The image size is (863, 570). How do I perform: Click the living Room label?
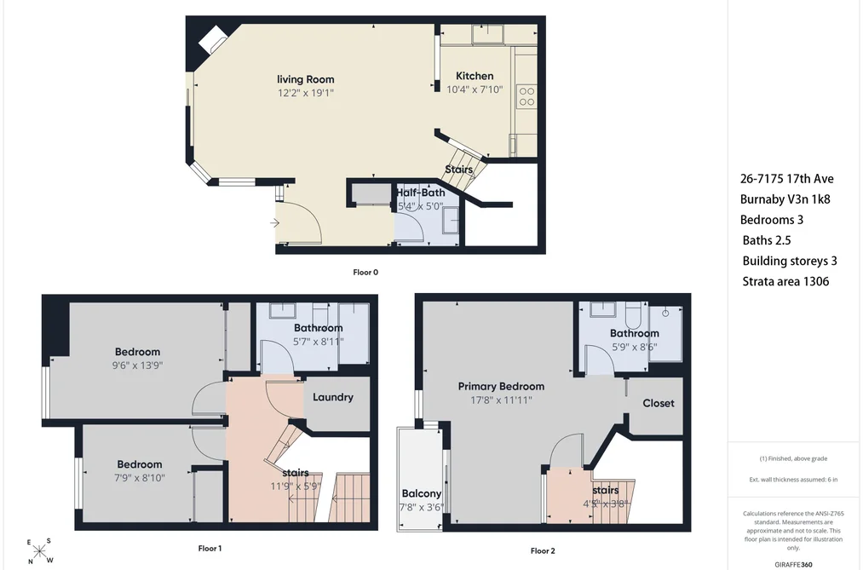306,79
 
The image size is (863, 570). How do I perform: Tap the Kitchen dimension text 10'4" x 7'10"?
475,89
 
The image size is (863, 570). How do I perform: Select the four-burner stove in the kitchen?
526,97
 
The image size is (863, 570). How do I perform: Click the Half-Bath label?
421,193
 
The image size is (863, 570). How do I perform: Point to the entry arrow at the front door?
274,223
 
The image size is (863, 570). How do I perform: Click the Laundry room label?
333,397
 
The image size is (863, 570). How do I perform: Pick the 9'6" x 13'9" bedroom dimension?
138,366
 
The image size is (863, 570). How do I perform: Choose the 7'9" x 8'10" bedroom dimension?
139,478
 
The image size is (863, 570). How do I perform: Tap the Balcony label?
421,493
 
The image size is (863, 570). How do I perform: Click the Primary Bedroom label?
501,386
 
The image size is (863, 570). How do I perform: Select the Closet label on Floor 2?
659,403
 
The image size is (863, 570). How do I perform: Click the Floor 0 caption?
365,272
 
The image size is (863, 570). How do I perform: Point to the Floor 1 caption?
210,548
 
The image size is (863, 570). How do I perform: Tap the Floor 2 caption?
543,550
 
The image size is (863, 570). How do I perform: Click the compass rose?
40,550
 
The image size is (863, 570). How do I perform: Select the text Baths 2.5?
767,240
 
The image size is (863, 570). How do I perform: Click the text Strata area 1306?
785,281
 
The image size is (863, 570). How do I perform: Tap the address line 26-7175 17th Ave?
787,179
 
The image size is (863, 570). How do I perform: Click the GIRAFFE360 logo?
793,565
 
